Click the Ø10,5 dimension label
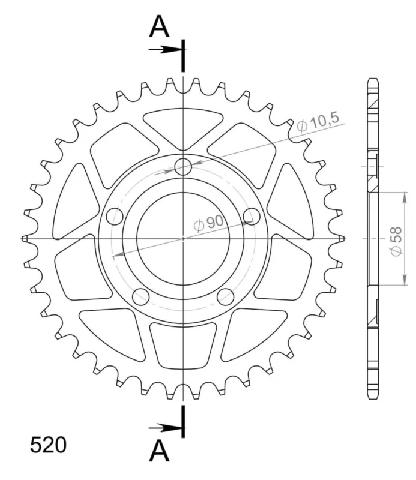point(318,122)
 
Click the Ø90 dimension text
point(209,223)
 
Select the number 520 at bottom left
point(48,445)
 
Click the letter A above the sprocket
point(159,26)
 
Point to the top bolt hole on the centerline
point(183,167)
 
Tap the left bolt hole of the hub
point(115,216)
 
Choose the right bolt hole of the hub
point(252,216)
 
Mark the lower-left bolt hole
point(140,296)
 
